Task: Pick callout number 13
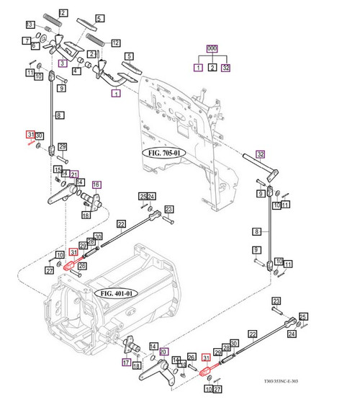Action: click(x=30, y=24)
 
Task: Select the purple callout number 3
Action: click(x=63, y=63)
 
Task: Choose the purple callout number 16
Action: click(x=96, y=185)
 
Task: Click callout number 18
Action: click(x=85, y=215)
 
